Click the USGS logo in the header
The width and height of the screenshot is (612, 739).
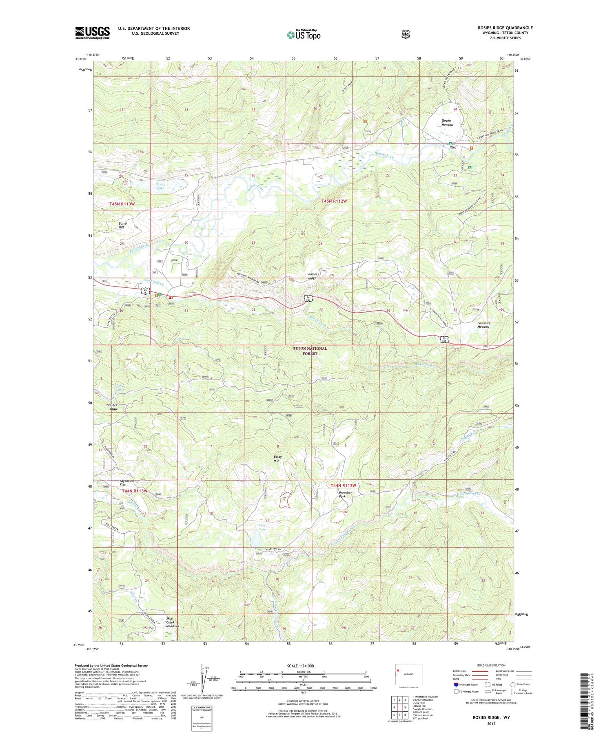point(92,33)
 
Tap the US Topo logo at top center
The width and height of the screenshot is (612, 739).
point(304,35)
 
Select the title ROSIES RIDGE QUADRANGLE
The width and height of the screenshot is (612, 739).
point(505,28)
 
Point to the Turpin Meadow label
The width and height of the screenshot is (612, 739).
point(447,123)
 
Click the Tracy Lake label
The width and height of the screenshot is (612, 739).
point(160,187)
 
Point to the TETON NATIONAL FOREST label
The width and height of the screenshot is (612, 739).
point(310,351)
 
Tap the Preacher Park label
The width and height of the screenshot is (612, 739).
point(345,494)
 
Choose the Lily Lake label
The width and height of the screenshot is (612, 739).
point(262,527)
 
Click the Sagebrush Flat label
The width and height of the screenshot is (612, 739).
point(126,483)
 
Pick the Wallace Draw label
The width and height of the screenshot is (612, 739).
point(112,407)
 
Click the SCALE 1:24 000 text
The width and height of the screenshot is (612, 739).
point(300,666)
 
